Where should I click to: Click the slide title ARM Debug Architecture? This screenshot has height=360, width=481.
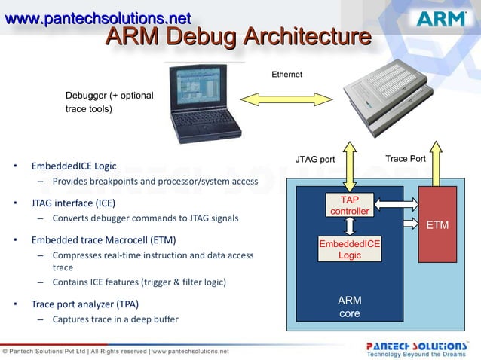coord(237,36)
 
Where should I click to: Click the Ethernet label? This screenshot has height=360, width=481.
coord(286,74)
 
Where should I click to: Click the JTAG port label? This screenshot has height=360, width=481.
coord(314,159)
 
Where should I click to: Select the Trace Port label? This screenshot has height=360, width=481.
coord(406,158)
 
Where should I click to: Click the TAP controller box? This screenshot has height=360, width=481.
coord(350,206)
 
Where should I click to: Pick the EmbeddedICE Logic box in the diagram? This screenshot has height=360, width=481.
coord(350,249)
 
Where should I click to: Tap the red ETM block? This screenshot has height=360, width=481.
coord(437,224)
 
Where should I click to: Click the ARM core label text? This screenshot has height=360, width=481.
coord(350,307)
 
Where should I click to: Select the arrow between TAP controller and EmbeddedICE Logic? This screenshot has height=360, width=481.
coord(350,227)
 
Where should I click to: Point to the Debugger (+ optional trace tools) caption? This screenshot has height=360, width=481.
coord(109,102)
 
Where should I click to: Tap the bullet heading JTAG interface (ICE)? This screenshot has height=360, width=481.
coord(73,203)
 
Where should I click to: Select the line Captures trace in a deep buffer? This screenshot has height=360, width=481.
coord(115,319)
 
